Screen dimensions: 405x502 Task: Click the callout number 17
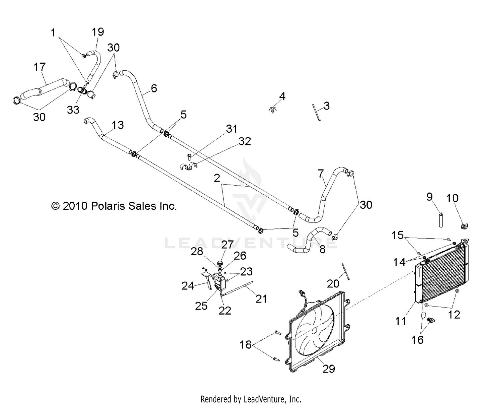click(x=39, y=67)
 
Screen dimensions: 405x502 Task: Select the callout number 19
click(x=98, y=32)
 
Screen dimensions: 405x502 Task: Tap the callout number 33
click(x=73, y=110)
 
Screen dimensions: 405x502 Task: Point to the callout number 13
click(x=118, y=125)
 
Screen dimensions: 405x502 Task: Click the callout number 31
click(x=232, y=129)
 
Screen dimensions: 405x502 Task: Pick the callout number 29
click(x=329, y=368)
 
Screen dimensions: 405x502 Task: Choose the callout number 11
click(x=401, y=321)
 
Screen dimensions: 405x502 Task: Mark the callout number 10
click(x=452, y=198)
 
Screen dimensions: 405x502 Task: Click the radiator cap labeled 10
click(x=464, y=227)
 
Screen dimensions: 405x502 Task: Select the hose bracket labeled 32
click(x=189, y=166)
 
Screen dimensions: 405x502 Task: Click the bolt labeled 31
click(x=189, y=156)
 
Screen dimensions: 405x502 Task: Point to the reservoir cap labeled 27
click(x=220, y=262)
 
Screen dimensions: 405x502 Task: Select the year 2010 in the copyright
click(x=75, y=206)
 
